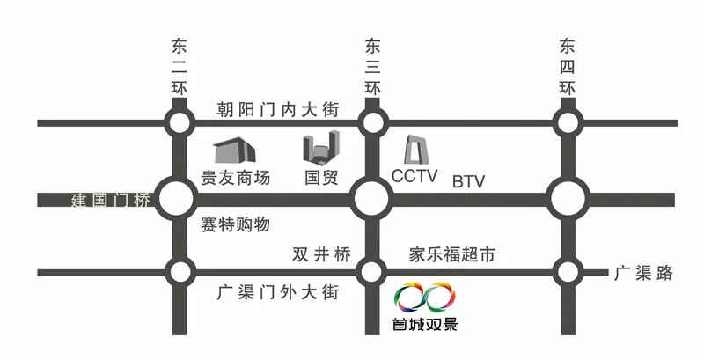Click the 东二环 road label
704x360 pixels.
(x=179, y=67)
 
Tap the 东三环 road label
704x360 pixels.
(x=372, y=67)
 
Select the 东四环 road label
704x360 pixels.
(x=567, y=67)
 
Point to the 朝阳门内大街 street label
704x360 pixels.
(x=278, y=110)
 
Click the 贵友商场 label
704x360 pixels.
(x=235, y=178)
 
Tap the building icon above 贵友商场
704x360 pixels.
(x=234, y=151)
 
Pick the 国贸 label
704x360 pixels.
(x=321, y=178)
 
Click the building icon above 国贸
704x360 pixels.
(x=321, y=146)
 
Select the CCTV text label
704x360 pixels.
(x=414, y=176)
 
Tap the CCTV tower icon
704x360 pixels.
(x=416, y=150)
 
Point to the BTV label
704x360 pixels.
(x=469, y=182)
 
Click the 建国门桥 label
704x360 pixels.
(x=111, y=200)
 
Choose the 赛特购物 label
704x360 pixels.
(x=235, y=224)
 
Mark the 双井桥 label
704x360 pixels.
(x=321, y=254)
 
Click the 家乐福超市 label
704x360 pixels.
(x=452, y=254)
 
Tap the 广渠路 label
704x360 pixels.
(x=644, y=273)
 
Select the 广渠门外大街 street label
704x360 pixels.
(x=278, y=293)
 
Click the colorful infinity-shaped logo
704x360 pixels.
(x=425, y=298)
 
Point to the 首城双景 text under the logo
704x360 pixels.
(x=425, y=324)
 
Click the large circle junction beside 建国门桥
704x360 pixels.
(x=179, y=199)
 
